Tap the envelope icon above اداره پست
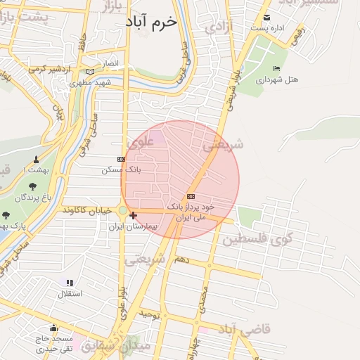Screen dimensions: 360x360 click(x=266, y=18)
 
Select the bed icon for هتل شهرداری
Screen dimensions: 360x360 click(x=276, y=68)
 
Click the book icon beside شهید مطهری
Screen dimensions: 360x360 click(x=89, y=71)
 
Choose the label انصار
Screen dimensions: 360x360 click(x=110, y=63)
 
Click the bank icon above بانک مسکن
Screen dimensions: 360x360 click(x=121, y=159)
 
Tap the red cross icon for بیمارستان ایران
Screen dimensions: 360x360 click(x=133, y=214)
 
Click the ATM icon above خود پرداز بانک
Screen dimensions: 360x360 click(x=191, y=197)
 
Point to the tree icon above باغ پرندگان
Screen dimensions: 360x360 click(x=32, y=187)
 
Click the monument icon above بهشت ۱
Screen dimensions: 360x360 click(x=36, y=160)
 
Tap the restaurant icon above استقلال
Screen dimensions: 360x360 click(x=70, y=283)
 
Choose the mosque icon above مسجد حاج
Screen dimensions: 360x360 click(x=53, y=328)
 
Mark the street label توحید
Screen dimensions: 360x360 click(x=150, y=314)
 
